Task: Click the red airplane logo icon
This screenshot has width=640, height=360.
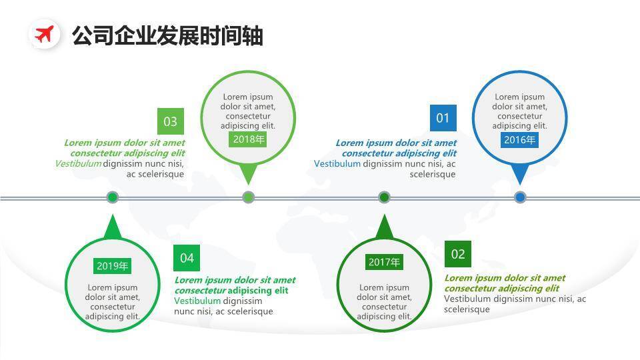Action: (45, 34)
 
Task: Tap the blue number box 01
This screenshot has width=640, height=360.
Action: (443, 118)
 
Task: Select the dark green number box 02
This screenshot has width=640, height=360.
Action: (458, 254)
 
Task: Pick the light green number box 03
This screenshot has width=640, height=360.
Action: (171, 121)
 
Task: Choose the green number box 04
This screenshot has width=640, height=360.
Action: (187, 258)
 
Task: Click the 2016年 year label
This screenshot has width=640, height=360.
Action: (519, 140)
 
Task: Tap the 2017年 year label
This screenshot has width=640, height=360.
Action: (384, 262)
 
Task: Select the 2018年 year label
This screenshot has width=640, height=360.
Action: (248, 139)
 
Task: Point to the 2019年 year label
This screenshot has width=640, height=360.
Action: (112, 266)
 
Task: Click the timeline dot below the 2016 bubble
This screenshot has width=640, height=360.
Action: (520, 197)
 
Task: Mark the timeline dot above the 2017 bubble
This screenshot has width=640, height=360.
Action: (384, 197)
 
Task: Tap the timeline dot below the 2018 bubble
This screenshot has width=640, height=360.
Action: (248, 197)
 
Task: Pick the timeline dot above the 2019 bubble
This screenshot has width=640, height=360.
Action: (112, 197)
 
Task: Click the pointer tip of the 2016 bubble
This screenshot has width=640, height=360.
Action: (520, 183)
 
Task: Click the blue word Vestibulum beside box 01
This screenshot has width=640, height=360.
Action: (337, 164)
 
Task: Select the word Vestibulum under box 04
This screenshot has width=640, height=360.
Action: (197, 301)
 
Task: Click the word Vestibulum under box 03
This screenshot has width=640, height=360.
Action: (78, 164)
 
